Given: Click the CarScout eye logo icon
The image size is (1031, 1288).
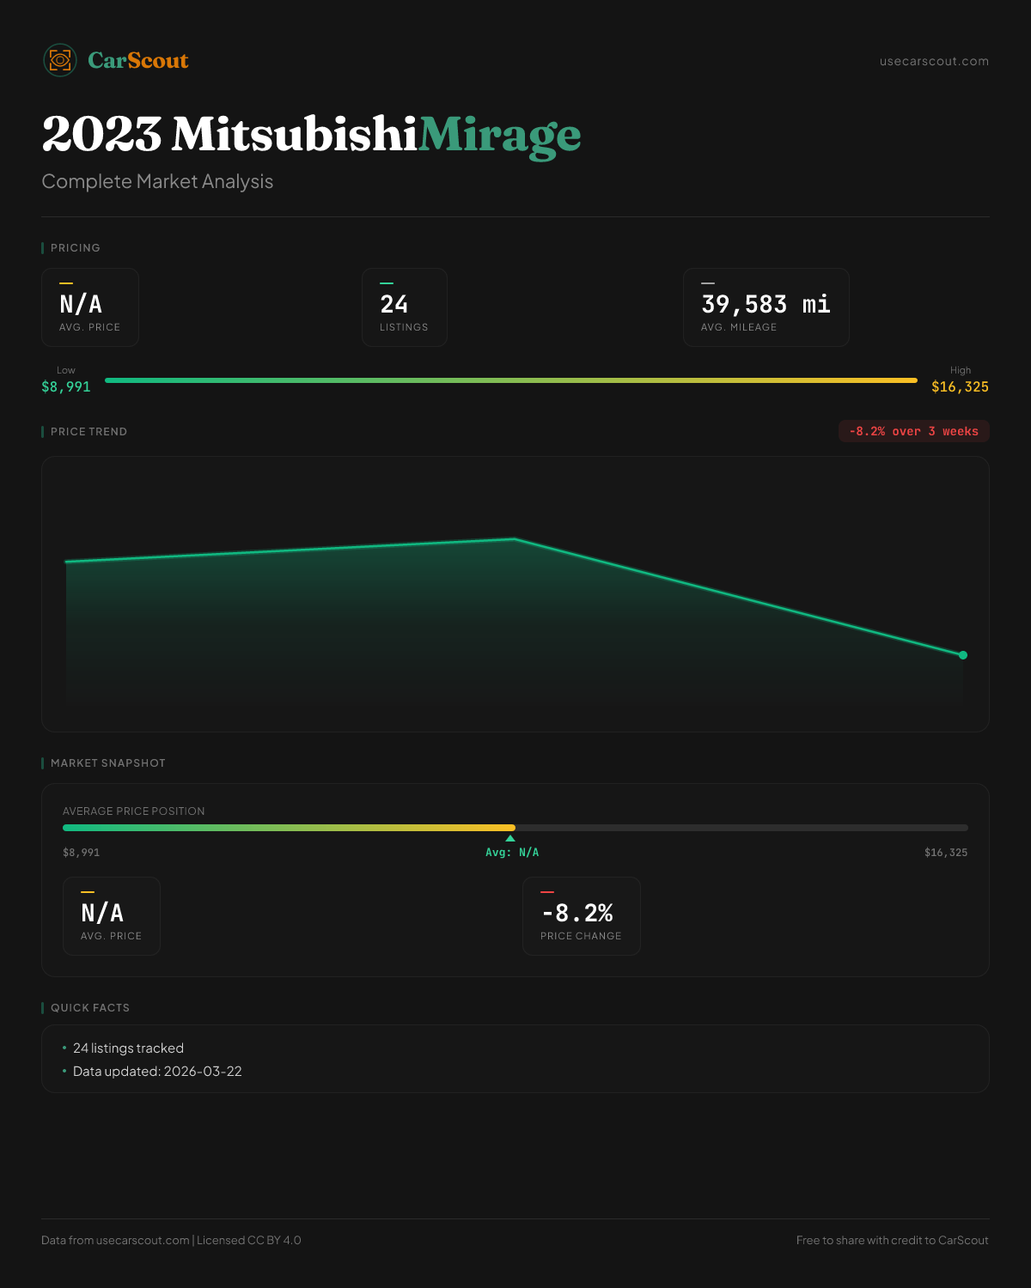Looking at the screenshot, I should coord(60,60).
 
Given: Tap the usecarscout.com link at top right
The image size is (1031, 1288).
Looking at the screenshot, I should coord(934,61).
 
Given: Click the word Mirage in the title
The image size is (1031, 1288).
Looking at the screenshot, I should coord(499,135).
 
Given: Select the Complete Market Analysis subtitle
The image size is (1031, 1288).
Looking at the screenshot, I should coord(157,181).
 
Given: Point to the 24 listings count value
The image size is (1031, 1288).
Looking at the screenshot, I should coord(394,304).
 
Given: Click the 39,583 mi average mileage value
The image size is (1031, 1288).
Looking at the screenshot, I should coord(766,304).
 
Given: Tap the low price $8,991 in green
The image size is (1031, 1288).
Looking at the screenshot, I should coord(66,386).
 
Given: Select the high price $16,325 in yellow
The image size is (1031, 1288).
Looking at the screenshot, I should coord(960,386).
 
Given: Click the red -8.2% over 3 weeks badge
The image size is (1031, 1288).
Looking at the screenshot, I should coord(913,431).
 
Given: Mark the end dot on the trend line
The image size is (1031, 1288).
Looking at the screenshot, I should coord(963,655).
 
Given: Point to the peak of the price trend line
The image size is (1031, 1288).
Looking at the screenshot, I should coord(515,539).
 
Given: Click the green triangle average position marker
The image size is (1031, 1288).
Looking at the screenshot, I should coord(510,838).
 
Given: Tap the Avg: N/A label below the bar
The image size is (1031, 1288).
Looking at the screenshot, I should coord(512,853).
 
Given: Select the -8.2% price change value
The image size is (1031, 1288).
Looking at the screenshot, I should coord(577,912).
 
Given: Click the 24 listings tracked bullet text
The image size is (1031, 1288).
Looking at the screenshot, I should coord(128,1048).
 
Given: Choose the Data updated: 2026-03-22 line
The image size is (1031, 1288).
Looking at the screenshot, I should coord(157,1072).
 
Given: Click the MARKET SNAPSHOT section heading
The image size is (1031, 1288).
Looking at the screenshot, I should coord(107,762).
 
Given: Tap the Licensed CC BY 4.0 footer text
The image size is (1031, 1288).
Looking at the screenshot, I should coord(248,1240).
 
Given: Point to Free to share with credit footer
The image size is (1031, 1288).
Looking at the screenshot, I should coord(892,1240).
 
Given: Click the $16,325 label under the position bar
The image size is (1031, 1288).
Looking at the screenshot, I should coord(945,853).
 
